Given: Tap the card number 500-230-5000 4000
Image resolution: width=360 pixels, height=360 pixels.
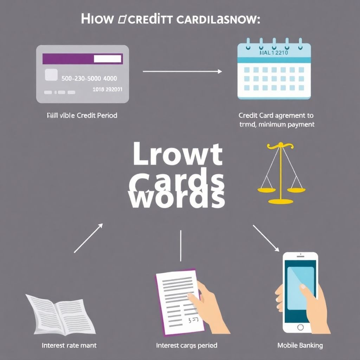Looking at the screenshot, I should tap(89, 78).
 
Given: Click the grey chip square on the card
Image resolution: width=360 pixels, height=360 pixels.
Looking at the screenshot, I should tap(51, 75).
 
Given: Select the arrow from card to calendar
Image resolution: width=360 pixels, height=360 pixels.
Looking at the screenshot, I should tap(182, 71).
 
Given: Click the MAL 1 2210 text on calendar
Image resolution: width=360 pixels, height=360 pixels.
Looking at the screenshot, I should tap(274, 53).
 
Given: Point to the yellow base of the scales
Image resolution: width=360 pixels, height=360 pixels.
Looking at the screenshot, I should tap(280, 201).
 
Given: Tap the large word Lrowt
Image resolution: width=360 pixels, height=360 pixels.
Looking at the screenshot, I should tap(178, 155).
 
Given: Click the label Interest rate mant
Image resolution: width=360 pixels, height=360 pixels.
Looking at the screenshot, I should tap(69, 345).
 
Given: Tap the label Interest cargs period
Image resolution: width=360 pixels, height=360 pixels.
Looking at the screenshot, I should tap(186, 345).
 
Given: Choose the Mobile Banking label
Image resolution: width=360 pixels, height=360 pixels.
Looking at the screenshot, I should tap(300, 345).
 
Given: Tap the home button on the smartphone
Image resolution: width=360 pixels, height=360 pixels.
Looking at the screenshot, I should tap(300, 327).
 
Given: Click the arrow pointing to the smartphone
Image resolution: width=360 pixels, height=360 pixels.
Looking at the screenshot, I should tap(266, 238).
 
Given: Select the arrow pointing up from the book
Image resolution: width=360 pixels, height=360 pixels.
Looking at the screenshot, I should tap(88, 238).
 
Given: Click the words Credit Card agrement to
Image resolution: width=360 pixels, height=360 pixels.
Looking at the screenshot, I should tap(276, 115).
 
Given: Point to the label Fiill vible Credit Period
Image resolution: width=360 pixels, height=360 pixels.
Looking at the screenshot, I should tap(82, 115).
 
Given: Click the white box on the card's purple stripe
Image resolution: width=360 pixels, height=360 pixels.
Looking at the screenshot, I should tap(108, 59).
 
